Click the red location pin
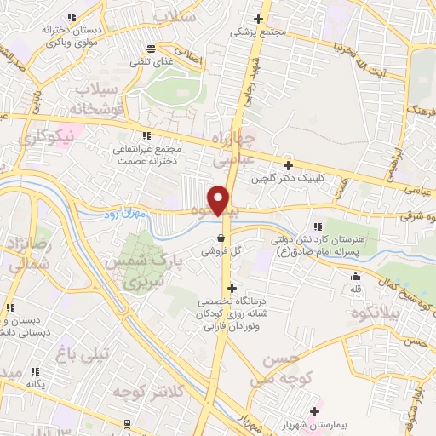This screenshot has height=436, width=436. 220,199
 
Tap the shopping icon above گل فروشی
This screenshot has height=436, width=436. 221,238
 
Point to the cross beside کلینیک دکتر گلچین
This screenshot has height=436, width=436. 288,166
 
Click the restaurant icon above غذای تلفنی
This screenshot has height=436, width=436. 151,48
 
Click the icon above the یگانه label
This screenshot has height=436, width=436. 37,371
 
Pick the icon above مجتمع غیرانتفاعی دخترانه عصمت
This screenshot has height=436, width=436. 146,135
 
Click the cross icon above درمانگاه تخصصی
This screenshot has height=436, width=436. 232,288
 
